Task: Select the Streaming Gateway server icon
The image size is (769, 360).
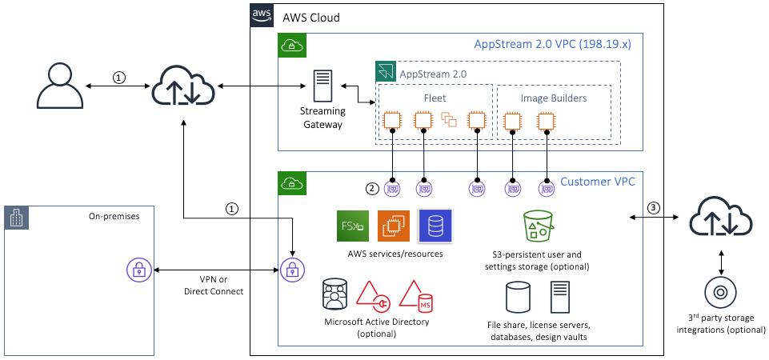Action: coord(322,89)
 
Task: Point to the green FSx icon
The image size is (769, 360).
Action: coord(353,226)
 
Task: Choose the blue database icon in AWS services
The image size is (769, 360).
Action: coord(435,226)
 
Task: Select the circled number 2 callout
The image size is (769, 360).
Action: coord(372,190)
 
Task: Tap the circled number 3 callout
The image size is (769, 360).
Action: coord(654,208)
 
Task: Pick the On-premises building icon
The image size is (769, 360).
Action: coord(16,218)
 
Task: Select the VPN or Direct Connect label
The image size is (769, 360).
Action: coord(214,286)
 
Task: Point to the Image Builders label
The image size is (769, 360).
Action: coord(553,98)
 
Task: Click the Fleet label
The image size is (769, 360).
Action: coord(435,98)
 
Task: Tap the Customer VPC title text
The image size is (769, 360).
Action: coord(597,182)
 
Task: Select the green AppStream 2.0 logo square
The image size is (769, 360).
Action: coord(386,72)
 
